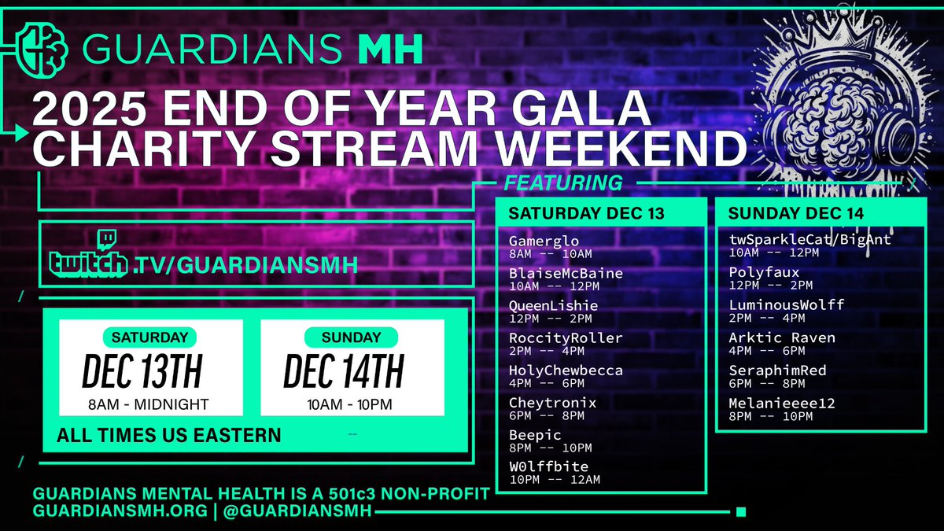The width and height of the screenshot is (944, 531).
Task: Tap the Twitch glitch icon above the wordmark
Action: click(105, 239)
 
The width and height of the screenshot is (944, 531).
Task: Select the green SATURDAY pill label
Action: click(149, 337)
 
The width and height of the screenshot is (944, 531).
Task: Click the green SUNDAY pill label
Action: click(351, 337)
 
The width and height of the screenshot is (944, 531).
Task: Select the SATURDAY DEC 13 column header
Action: click(586, 213)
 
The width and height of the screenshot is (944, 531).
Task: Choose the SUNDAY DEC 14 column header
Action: click(796, 213)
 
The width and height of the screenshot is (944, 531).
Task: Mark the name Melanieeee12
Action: click(782, 403)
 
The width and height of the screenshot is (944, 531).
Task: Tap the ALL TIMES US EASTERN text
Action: click(168, 435)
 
